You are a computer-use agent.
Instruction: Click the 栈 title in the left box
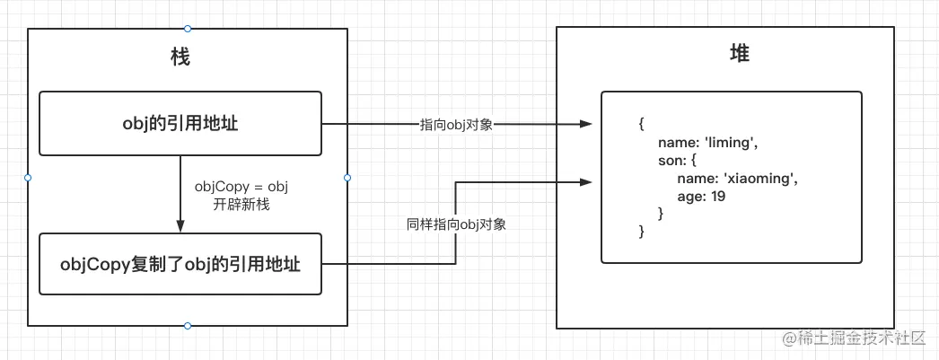click(180, 57)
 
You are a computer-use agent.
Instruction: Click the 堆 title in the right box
click(740, 54)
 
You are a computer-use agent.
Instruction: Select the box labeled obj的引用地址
click(180, 124)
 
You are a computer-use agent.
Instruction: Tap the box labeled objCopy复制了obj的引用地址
click(180, 264)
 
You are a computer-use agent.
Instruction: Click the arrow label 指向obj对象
click(456, 125)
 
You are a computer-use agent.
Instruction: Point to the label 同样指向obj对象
click(456, 224)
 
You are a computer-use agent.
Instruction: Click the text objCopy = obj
click(241, 187)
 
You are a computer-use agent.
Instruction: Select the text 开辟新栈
click(241, 204)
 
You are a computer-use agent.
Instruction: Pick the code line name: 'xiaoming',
click(737, 178)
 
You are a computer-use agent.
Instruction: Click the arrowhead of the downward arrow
click(180, 227)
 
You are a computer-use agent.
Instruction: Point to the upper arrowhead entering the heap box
click(585, 125)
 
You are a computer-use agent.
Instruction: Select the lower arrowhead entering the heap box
click(585, 182)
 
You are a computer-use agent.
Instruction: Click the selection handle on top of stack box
click(187, 29)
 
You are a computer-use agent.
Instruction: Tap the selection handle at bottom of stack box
click(187, 325)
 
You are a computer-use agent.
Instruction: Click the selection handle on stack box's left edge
click(28, 177)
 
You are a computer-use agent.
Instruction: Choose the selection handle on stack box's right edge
click(347, 177)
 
